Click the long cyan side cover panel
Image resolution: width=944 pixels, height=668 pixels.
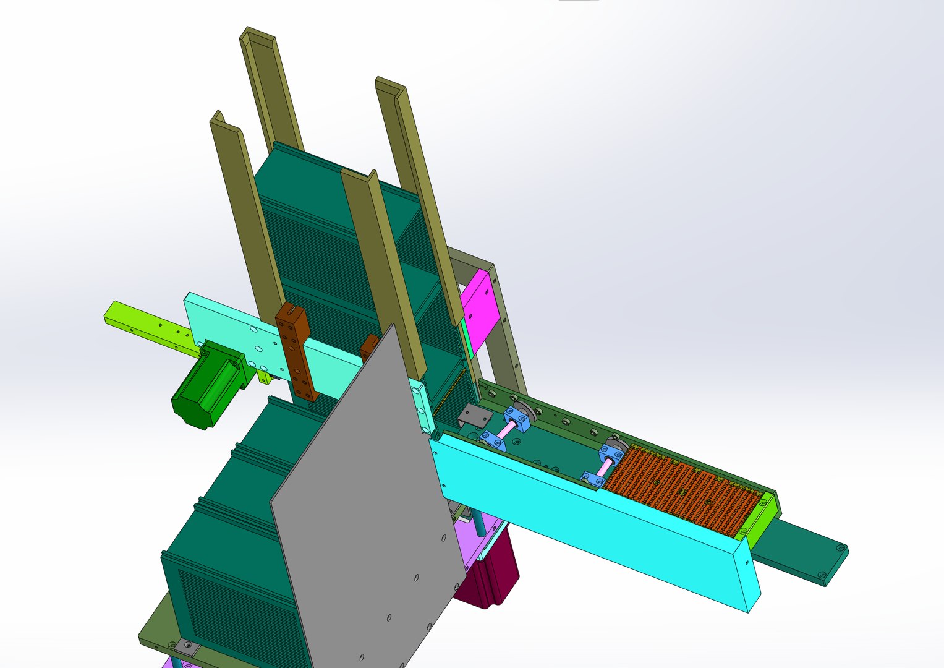click(593, 520)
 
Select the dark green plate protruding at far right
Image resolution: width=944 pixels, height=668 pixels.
click(804, 550)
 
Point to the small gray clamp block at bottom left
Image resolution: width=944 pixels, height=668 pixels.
click(186, 648)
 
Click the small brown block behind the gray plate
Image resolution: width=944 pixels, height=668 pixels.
click(369, 346)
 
